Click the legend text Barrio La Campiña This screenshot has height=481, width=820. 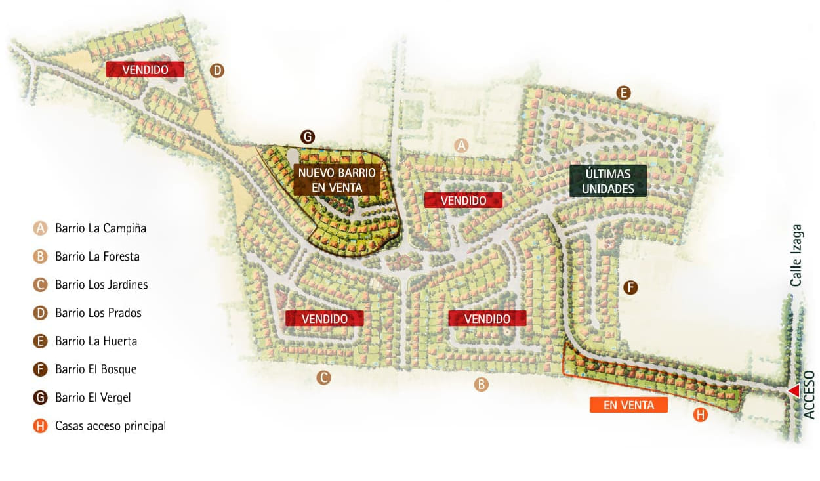(100, 228)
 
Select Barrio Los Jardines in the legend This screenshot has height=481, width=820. (101, 285)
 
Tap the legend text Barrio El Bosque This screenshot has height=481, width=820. (96, 369)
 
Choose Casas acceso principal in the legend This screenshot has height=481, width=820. (110, 426)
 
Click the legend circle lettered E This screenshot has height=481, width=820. (41, 341)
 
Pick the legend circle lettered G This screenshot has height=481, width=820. (41, 398)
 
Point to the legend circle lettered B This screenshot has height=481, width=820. (41, 257)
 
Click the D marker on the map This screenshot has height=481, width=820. (217, 70)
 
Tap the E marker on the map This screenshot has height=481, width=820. (623, 93)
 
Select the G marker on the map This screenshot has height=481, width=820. (307, 137)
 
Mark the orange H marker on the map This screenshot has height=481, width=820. (701, 415)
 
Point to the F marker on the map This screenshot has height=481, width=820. (630, 287)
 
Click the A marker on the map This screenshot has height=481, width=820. (462, 146)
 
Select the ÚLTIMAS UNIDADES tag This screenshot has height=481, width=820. (608, 181)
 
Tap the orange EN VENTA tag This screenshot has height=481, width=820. (628, 406)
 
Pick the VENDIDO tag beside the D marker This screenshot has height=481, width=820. (145, 70)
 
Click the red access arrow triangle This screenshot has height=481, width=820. (794, 391)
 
